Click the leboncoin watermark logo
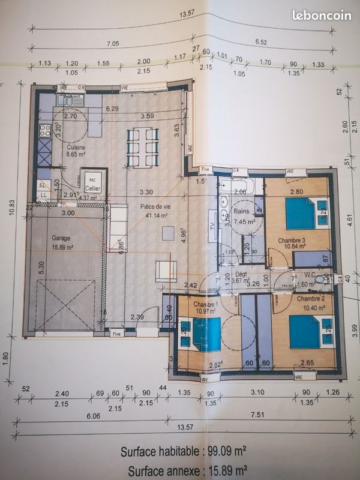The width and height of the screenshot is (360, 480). coord(322,16)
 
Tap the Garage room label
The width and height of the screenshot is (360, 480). coord(61,238)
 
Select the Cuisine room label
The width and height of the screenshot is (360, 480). coord(76,147)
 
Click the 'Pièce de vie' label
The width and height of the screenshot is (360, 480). coord(155,206)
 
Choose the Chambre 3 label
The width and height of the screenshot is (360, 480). coord(292,241)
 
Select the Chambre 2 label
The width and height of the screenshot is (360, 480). coord(310,299)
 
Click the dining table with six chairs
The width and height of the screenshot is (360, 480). coord(142,148)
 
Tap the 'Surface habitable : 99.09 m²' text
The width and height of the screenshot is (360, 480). coord(183,452)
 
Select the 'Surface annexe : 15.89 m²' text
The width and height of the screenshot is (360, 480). coord(184,470)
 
